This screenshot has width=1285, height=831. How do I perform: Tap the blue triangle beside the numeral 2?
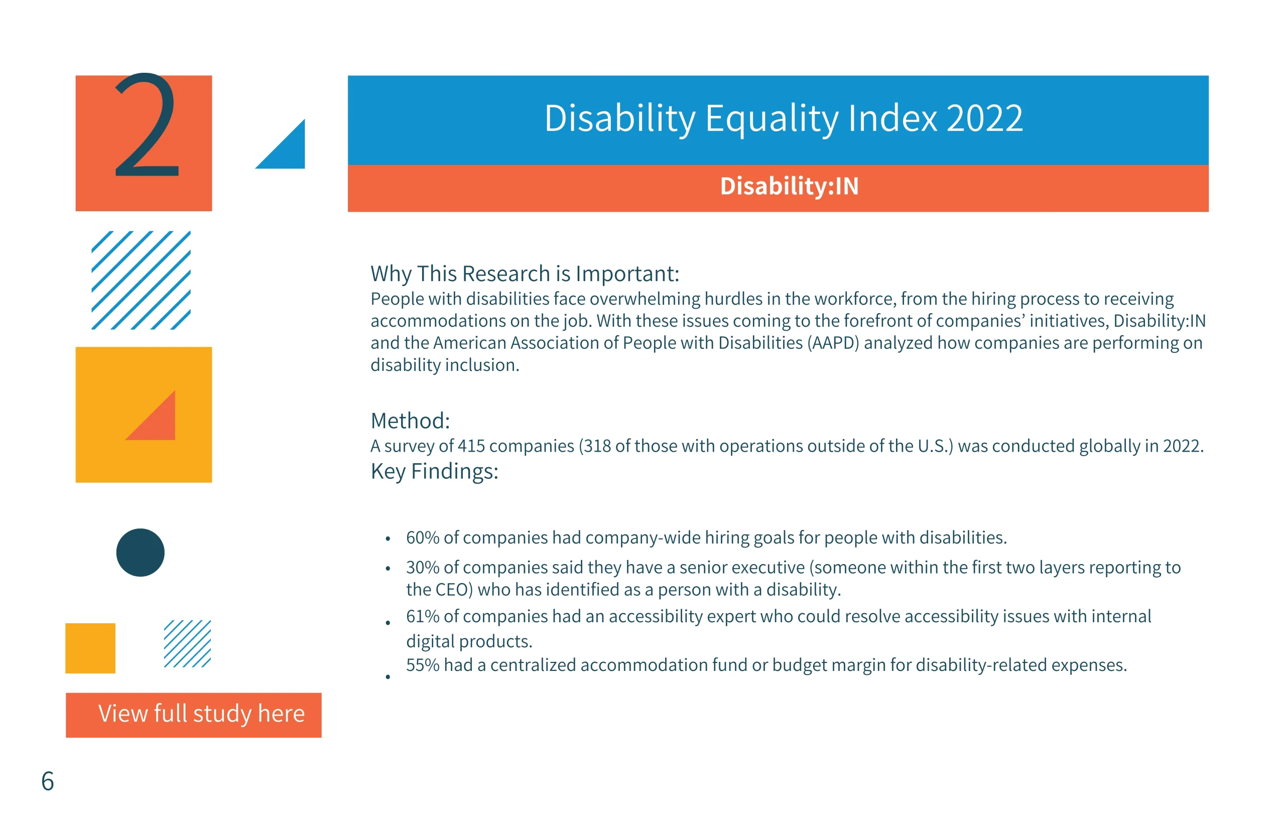point(288,152)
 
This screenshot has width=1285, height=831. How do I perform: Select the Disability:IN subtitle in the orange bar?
point(789,186)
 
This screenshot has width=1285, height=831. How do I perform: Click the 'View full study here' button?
point(193,715)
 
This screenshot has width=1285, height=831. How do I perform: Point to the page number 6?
point(48,781)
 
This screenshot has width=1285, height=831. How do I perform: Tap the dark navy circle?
point(141,552)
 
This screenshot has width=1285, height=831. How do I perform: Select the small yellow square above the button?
point(90,648)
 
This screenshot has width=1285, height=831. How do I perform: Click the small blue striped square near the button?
point(187,644)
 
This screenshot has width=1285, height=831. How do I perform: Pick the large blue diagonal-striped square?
point(141,280)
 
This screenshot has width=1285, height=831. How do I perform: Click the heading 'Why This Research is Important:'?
point(525,274)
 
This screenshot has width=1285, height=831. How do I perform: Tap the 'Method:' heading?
point(410,421)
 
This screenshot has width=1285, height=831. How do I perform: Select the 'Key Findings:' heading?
point(435,472)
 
